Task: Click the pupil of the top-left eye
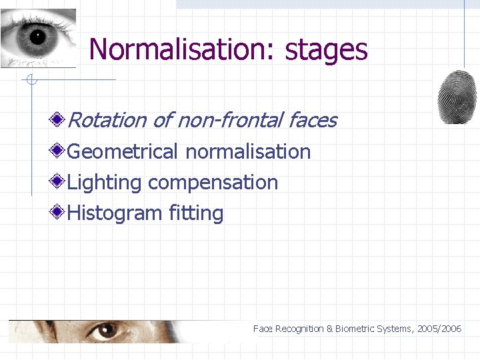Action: [x=37, y=35]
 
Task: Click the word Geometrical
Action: [x=123, y=151]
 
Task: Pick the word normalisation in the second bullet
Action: [x=248, y=151]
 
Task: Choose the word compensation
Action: [x=213, y=183]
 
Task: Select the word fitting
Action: [x=196, y=213]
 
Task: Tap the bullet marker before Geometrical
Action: [x=59, y=151]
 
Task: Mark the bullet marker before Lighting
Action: [x=59, y=181]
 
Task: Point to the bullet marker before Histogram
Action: [x=59, y=213]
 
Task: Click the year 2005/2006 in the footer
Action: [x=439, y=329]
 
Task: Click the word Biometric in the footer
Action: [x=355, y=329]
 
